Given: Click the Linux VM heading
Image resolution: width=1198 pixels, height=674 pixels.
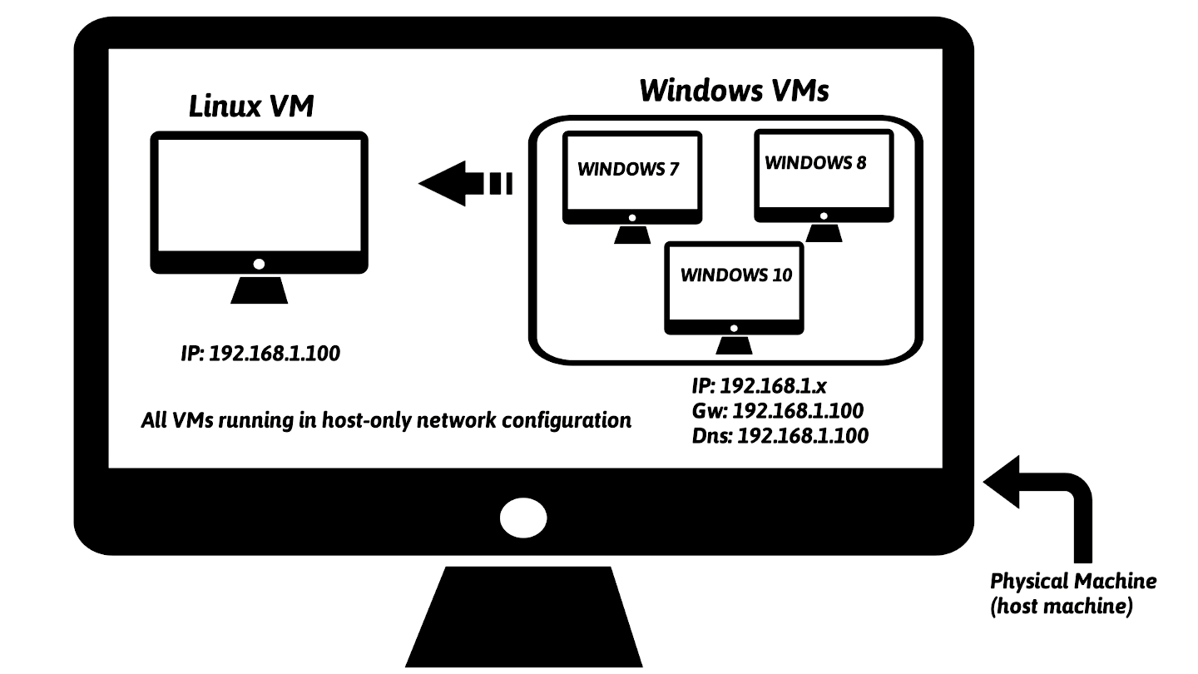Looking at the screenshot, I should coord(251,107).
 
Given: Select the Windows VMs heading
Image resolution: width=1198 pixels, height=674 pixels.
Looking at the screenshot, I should coord(734,90).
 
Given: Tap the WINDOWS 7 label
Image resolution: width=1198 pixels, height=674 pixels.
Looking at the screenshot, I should coord(628,170).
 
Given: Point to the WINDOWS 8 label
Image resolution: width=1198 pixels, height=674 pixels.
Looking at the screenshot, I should coord(814,163).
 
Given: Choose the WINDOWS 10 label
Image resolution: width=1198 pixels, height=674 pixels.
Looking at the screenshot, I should coord(736,275).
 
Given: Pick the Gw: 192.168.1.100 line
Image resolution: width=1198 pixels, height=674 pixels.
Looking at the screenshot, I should coord(777,411).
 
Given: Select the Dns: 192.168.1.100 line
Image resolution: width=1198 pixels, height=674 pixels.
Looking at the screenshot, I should coord(780,434).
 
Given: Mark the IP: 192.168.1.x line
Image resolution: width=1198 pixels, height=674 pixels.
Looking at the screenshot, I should coord(758,387).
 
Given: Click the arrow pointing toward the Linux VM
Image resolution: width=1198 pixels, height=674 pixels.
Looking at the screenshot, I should coord(464,182).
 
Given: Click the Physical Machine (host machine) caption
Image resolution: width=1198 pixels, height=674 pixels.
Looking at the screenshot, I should coord(1072,593).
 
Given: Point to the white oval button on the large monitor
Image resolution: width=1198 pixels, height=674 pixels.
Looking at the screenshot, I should coord(523,518).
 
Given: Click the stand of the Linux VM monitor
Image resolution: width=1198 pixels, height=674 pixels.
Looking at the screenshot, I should coord(259,290).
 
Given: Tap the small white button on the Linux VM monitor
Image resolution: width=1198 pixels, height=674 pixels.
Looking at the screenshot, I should coord(259,264).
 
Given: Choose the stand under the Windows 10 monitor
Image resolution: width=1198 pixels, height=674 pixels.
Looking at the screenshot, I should coord(734,344).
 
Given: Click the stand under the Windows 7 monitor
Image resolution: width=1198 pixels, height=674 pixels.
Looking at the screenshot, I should coord(632,234).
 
